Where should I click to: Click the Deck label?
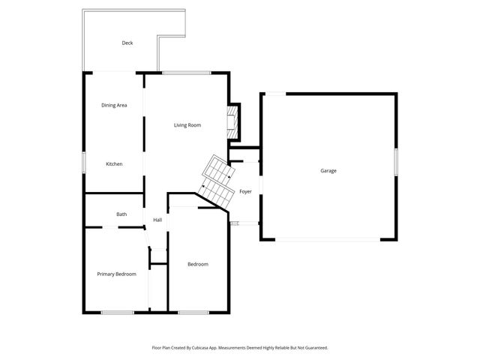(x=127, y=43)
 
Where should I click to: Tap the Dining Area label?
(x=114, y=105)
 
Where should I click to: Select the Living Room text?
(x=187, y=124)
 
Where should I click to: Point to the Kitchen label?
(x=114, y=164)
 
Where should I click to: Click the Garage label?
(x=328, y=171)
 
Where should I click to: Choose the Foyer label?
(x=245, y=192)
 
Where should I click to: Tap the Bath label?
(x=121, y=214)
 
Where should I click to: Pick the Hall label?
(x=157, y=220)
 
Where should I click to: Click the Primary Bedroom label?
(x=117, y=274)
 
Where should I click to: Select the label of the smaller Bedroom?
(x=198, y=264)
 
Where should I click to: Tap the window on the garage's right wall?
(x=396, y=164)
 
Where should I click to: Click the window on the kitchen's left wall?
(x=83, y=163)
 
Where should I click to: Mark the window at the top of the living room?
(x=187, y=72)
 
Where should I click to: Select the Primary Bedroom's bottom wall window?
(x=118, y=312)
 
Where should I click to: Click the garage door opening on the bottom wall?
(x=327, y=239)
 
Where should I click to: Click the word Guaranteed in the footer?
(x=313, y=348)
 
